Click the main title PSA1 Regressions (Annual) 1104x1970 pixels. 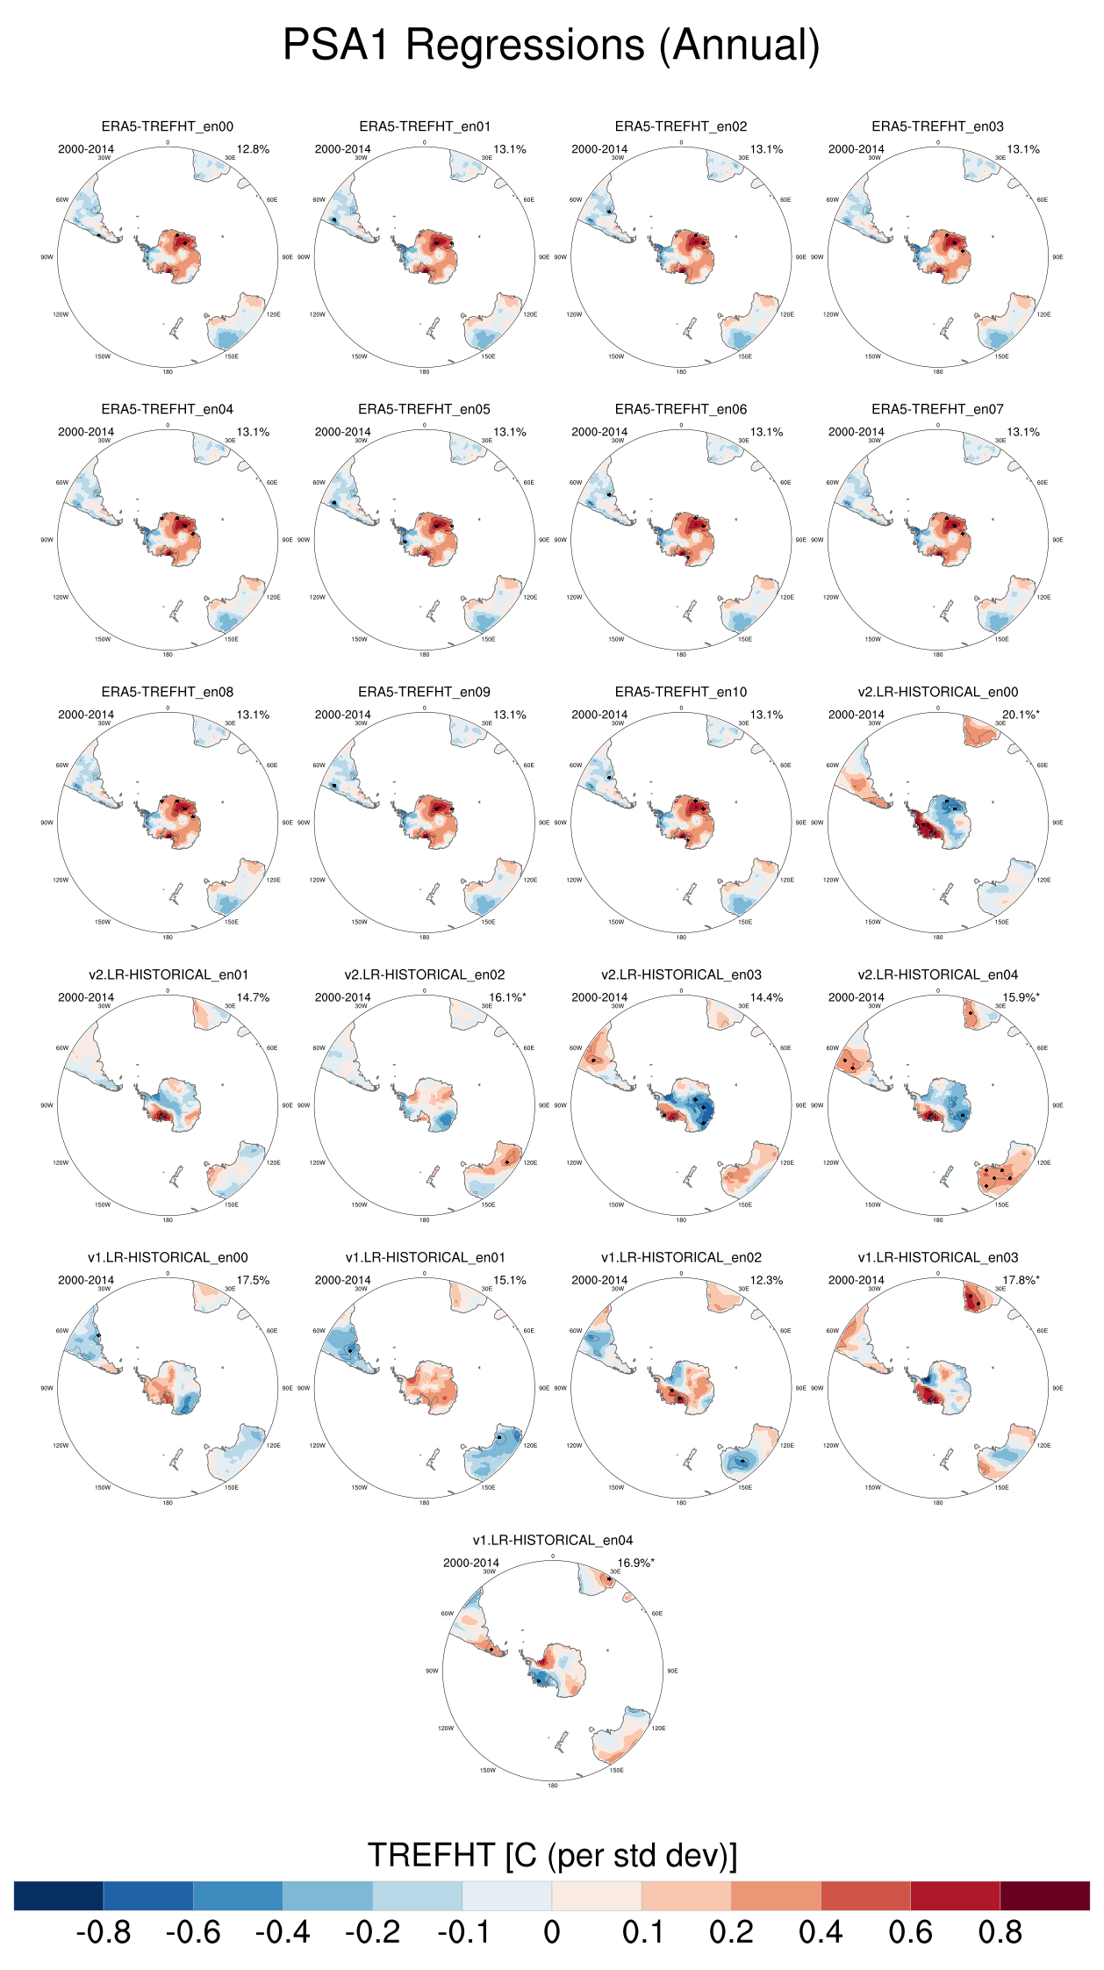[551, 46]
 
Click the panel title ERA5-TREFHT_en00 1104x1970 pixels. [168, 126]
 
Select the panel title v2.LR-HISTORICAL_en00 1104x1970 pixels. [938, 692]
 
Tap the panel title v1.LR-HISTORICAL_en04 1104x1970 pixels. [553, 1540]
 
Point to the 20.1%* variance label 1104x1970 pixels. [1021, 715]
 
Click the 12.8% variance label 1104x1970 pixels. [253, 149]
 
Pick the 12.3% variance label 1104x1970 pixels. [766, 1280]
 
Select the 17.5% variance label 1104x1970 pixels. [253, 1280]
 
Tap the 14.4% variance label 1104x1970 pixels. [766, 997]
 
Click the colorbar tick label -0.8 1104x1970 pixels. [104, 1932]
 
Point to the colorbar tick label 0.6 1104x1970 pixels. [910, 1932]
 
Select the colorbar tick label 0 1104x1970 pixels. [551, 1932]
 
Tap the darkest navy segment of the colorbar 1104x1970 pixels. [59, 1895]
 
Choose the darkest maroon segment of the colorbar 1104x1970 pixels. [1044, 1895]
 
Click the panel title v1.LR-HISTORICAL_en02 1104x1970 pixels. [681, 1257]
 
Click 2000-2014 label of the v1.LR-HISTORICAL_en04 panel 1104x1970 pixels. [471, 1563]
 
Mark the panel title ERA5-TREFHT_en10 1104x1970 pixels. [681, 692]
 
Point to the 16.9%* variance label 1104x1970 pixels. [635, 1563]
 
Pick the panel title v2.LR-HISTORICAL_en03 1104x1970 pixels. [681, 974]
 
